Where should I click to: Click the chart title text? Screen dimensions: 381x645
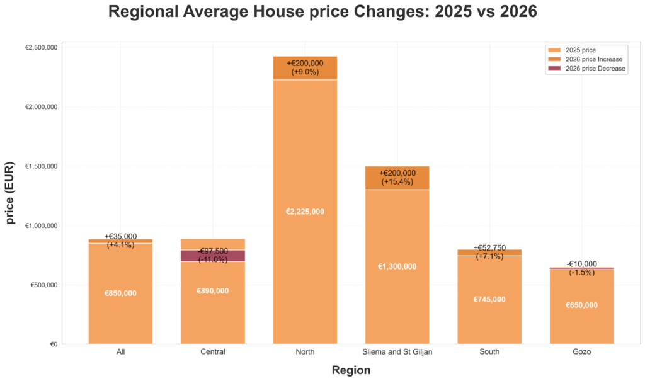click(x=322, y=13)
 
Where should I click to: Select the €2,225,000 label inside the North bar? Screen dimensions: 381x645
click(x=305, y=212)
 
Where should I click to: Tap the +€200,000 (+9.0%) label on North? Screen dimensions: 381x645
click(x=305, y=67)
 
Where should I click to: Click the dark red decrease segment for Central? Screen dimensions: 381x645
click(x=213, y=255)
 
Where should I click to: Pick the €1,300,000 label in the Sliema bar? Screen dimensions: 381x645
click(x=397, y=266)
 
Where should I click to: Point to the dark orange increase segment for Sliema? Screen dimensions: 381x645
click(x=397, y=178)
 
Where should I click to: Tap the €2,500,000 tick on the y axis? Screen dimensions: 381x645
click(x=42, y=47)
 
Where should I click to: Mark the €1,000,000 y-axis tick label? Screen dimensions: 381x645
click(x=42, y=225)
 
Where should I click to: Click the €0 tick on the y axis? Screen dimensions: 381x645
click(x=54, y=344)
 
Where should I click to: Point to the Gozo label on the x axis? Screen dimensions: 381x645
click(x=581, y=352)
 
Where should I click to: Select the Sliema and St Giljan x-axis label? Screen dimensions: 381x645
click(x=397, y=352)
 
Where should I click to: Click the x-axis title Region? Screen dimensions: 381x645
click(x=351, y=370)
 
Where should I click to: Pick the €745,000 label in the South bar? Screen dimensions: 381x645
click(x=489, y=300)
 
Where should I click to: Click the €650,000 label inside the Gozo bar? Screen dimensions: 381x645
click(x=581, y=305)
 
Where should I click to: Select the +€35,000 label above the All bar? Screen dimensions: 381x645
click(x=120, y=237)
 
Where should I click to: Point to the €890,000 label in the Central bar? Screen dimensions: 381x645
click(x=213, y=291)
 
